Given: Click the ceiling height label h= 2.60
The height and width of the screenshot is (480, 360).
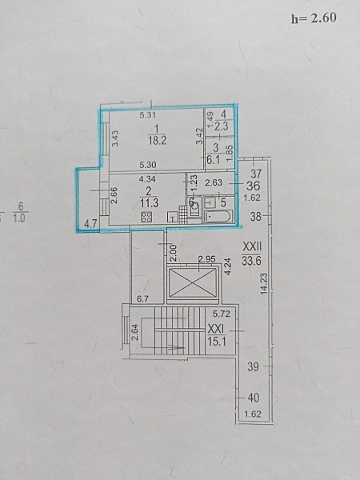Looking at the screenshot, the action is (314, 18).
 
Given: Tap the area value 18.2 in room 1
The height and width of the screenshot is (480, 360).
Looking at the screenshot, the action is (157, 141).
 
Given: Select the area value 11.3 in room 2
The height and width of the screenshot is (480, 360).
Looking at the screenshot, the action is (150, 202).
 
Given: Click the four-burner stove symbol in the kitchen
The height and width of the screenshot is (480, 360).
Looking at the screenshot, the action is (146, 217).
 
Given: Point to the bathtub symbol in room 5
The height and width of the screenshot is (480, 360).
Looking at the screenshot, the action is (218, 217).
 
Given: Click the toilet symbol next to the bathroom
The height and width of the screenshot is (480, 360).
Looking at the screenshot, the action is (194, 208).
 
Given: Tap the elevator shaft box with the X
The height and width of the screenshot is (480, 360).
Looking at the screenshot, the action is (193, 282).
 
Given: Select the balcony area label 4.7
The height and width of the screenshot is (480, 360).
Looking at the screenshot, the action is (90, 224).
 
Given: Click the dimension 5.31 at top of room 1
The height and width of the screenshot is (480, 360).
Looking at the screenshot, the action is (148, 115).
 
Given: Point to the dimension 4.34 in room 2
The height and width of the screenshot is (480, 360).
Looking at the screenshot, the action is (147, 178).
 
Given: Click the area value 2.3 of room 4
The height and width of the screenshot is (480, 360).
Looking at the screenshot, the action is (222, 126).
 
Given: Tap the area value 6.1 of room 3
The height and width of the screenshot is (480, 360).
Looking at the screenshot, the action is (214, 159).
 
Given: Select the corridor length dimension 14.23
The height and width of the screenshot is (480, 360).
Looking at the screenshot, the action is (264, 284).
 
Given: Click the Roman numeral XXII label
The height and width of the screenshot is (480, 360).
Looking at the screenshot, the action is (252, 246).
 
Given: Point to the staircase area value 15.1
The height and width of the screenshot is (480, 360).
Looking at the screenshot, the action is (217, 342).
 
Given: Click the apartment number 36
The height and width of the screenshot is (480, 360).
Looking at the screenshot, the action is (253, 186).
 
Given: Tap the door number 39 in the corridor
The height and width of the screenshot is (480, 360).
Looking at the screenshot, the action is (253, 366).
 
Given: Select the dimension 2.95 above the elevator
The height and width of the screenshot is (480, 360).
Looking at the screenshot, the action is (207, 260).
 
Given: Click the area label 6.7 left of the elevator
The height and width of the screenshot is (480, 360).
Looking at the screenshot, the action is (142, 298).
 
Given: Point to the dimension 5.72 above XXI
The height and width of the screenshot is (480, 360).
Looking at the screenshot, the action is (222, 314).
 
